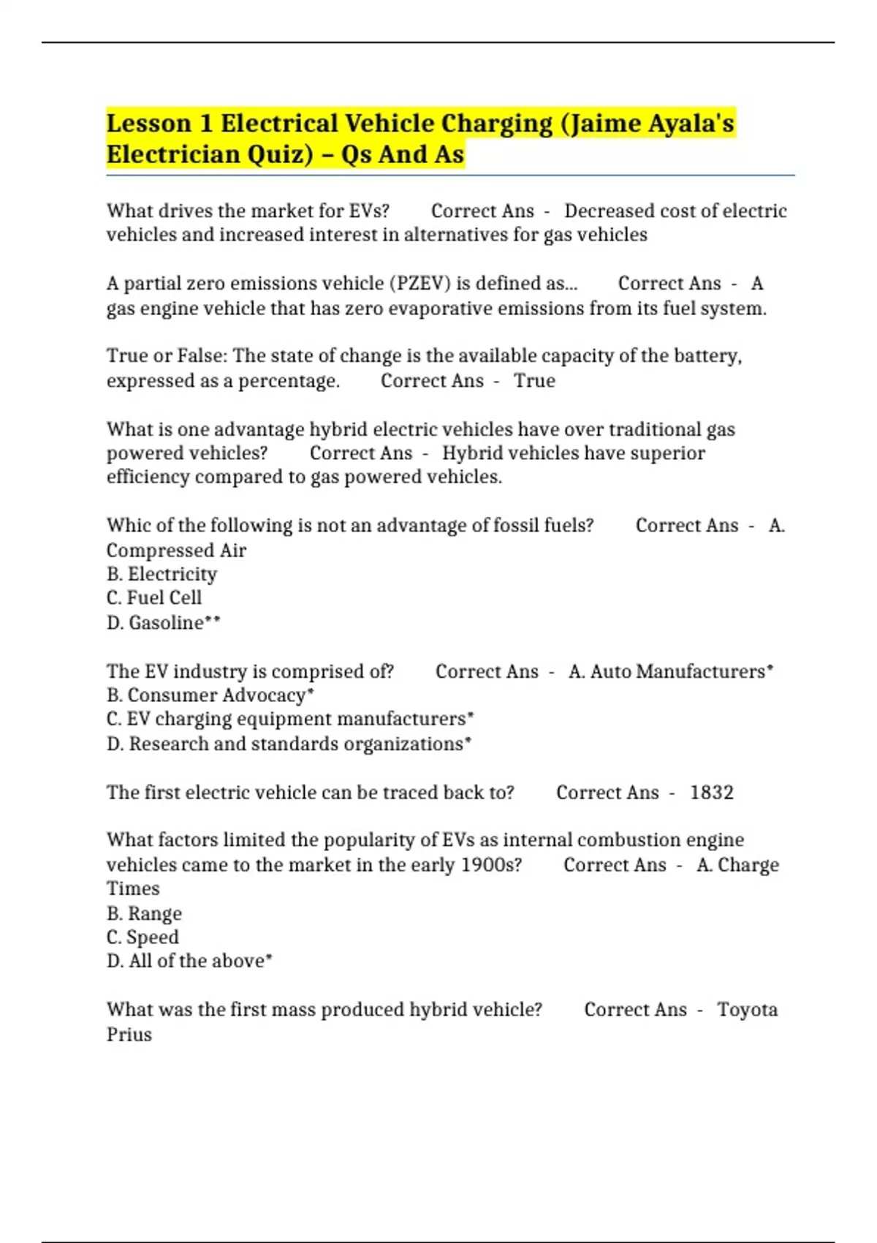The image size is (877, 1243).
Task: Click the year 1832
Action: point(711,792)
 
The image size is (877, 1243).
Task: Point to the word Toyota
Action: point(747,1009)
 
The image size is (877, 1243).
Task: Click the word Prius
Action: point(129,1034)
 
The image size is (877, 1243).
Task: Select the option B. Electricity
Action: point(162,574)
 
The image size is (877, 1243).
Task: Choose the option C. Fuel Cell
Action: point(154,597)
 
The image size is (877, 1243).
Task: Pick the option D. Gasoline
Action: point(162,622)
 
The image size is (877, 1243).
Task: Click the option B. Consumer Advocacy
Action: point(209,695)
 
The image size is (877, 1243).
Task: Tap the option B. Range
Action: point(144,913)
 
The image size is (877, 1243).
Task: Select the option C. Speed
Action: point(143,937)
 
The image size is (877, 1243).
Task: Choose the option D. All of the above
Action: point(189,960)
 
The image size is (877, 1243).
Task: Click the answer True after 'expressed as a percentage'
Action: point(534,380)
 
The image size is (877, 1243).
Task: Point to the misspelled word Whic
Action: point(127,525)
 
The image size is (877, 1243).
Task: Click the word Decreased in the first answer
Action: point(609,211)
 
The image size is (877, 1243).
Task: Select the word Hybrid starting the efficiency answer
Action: point(471,453)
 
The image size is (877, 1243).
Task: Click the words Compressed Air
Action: point(176,550)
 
